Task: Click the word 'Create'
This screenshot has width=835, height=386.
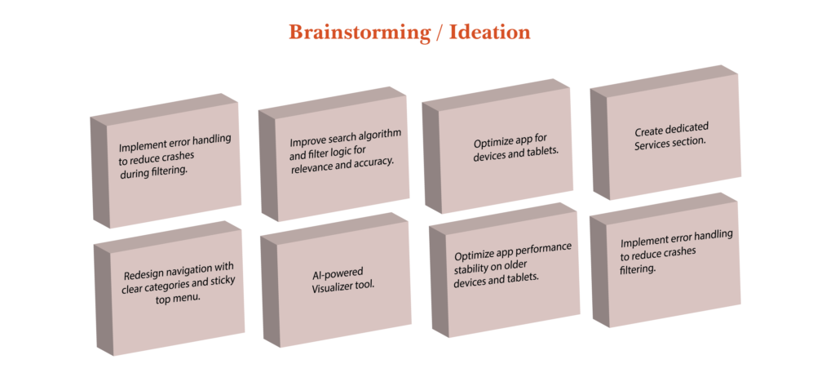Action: tap(648, 131)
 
